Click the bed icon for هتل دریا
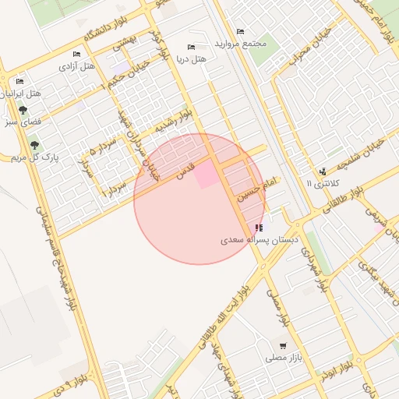[191, 47]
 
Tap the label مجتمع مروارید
[243, 43]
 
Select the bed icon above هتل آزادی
[76, 54]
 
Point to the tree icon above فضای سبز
[23, 110]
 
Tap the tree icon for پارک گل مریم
[34, 145]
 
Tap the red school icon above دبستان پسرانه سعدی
[259, 228]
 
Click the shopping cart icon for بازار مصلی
[282, 345]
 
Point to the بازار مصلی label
[282, 358]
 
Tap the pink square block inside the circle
[206, 175]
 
